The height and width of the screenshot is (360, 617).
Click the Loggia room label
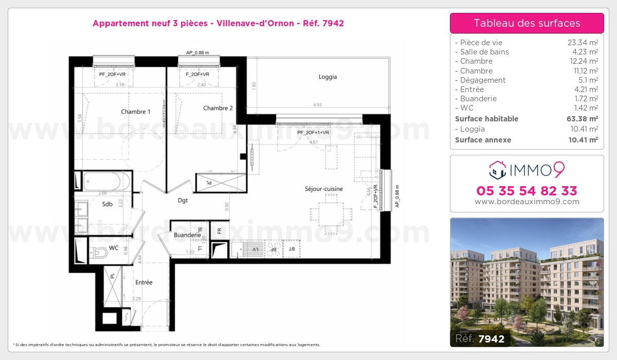[x=328, y=77]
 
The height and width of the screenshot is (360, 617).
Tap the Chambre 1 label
[x=136, y=112]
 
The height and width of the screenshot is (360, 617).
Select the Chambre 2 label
[x=218, y=108]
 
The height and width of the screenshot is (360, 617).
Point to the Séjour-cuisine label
[x=323, y=189]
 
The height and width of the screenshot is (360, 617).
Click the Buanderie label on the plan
[x=187, y=235]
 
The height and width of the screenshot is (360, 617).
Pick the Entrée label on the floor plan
[x=144, y=282]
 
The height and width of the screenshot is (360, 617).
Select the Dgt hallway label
[x=183, y=201]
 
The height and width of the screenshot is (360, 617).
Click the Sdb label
[x=107, y=204]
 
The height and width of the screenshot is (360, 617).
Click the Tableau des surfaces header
[x=527, y=23]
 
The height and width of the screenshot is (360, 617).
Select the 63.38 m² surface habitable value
[x=583, y=119]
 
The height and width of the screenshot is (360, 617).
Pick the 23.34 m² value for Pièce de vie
[x=583, y=43]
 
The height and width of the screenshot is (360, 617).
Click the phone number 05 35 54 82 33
[x=527, y=191]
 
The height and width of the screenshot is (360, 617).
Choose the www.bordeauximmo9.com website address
[x=527, y=202]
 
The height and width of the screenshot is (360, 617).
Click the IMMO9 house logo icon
[x=497, y=168]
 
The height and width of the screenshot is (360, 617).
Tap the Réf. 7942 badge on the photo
[x=480, y=338]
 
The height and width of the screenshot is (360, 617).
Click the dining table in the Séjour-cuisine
[x=331, y=213]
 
